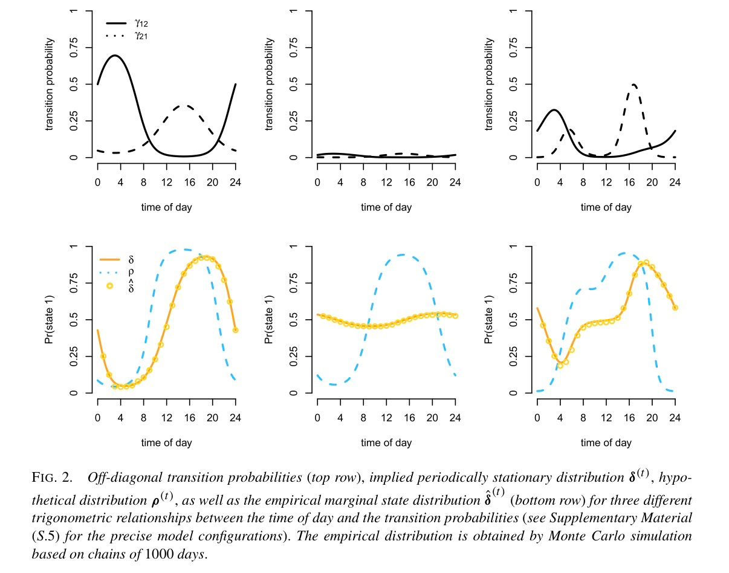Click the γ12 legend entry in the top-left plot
[x=140, y=22]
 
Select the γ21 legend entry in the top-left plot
[x=140, y=36]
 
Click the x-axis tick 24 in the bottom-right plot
[x=675, y=418]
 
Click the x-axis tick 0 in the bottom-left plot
[x=97, y=418]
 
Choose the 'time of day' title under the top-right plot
[x=606, y=207]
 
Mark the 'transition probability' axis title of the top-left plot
[x=49, y=85]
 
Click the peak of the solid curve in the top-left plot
[x=114, y=56]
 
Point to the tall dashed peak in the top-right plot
[x=633, y=85]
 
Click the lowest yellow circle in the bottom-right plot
[x=560, y=365]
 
